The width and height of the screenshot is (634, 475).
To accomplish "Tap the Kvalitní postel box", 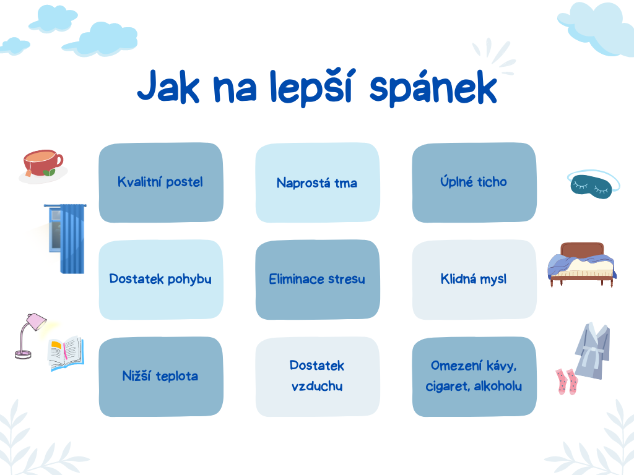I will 161,182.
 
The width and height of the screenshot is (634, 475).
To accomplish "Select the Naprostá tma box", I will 317,183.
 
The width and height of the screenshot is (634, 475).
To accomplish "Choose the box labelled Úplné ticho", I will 474,182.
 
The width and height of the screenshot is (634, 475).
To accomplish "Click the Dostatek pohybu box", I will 161,280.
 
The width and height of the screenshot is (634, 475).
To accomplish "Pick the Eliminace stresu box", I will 317,280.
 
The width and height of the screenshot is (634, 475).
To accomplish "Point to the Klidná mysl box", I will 474,280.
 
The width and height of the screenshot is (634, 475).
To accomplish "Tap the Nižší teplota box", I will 161,376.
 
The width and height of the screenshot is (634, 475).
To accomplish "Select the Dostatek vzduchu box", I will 317,376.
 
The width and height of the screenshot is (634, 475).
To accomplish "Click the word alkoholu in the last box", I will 498,387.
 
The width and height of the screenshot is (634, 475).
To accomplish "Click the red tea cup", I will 42,163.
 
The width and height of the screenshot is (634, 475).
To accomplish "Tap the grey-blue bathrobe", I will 593,349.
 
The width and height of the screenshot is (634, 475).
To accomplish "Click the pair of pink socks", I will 566,381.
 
